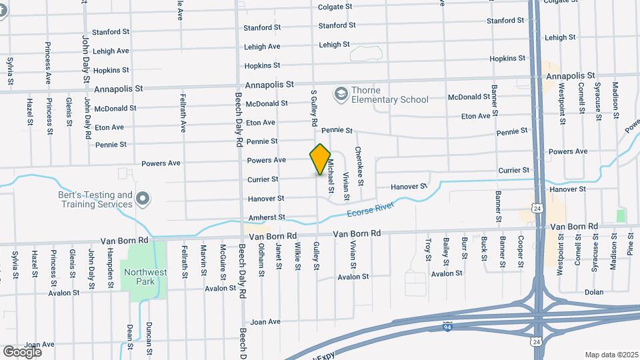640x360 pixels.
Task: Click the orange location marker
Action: [321, 159]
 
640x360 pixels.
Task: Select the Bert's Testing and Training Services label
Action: [97, 199]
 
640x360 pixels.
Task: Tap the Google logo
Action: [22, 351]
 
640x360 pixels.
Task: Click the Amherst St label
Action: [267, 217]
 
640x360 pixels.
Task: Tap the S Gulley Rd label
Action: [313, 109]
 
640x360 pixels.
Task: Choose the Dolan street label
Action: [593, 292]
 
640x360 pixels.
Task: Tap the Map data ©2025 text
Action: [611, 355]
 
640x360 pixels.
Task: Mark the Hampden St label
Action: [109, 263]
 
